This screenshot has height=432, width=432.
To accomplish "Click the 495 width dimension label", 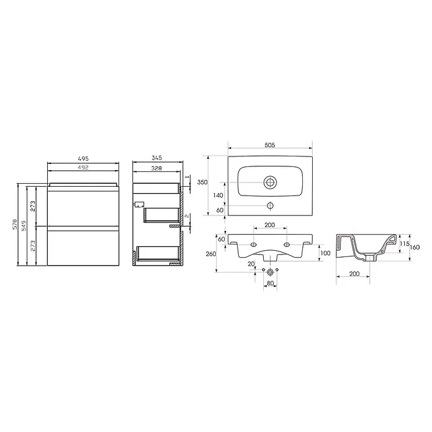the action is pyautogui.click(x=83, y=159).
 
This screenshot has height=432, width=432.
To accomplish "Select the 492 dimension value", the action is pyautogui.click(x=83, y=167).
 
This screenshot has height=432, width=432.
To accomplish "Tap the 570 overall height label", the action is pyautogui.click(x=15, y=224).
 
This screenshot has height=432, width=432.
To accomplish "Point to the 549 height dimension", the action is pyautogui.click(x=24, y=226).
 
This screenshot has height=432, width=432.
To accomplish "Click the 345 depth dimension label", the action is pyautogui.click(x=157, y=158).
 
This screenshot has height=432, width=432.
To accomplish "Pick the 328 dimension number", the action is pyautogui.click(x=156, y=168).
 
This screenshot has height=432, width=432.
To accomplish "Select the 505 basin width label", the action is pyautogui.click(x=270, y=145).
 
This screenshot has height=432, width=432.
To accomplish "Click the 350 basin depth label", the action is pyautogui.click(x=202, y=182).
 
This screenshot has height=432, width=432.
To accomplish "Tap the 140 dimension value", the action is pyautogui.click(x=218, y=196).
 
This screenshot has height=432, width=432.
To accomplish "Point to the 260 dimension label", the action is pyautogui.click(x=211, y=254).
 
